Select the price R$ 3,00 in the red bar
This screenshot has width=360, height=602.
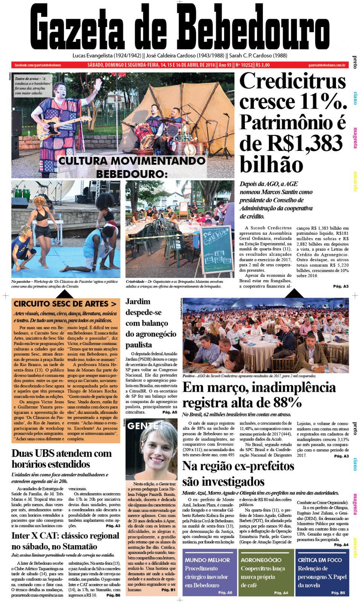262,65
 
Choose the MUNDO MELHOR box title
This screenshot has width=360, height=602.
207,560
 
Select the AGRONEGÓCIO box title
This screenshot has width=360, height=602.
261,560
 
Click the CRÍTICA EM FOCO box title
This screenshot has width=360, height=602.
320,560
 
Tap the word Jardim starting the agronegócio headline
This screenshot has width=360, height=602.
138,301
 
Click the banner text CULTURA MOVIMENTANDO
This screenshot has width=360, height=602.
131,161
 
